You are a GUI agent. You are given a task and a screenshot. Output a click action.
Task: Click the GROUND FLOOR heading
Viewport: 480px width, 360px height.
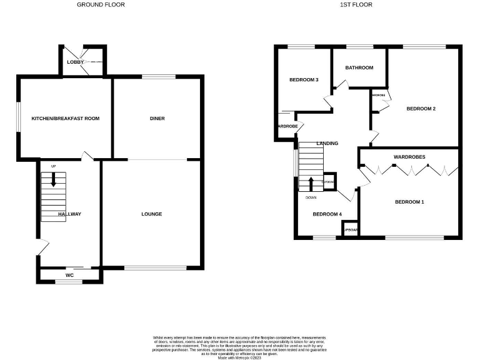(101, 4)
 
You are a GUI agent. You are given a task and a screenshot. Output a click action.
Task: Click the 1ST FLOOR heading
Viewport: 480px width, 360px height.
(356, 4)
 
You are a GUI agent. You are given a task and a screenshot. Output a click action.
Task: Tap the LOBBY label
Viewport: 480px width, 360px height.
(76, 62)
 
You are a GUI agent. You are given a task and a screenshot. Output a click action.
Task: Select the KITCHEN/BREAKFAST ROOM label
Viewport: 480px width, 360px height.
(66, 118)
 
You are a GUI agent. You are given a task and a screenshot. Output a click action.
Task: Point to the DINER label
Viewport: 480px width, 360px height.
(157, 118)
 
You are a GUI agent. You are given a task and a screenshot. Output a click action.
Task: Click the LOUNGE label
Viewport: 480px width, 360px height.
(151, 214)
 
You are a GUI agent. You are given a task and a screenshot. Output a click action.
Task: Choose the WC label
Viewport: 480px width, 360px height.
(69, 274)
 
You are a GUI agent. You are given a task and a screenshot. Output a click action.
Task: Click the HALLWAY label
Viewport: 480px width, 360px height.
(69, 214)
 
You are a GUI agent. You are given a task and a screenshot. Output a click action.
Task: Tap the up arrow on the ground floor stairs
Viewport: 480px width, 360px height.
(54, 180)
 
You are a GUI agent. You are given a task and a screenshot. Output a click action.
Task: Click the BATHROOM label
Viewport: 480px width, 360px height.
(359, 67)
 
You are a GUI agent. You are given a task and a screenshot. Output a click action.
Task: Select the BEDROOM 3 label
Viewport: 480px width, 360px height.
(304, 80)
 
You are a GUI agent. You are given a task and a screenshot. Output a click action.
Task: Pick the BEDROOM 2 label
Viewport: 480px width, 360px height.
(421, 109)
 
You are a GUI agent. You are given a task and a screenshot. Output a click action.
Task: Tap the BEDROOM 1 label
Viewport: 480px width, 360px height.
(409, 202)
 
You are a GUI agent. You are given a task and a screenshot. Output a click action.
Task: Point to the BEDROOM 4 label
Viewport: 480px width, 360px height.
(327, 214)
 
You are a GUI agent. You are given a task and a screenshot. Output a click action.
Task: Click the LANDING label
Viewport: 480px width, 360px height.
(327, 144)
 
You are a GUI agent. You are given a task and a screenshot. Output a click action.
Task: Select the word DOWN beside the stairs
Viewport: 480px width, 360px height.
(311, 197)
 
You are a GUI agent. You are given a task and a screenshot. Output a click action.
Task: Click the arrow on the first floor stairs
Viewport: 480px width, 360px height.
(311, 184)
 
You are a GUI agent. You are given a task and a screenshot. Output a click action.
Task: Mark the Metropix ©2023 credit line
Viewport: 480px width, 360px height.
(239, 357)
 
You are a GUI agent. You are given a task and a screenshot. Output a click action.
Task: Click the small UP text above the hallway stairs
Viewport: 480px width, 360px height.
(53, 166)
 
